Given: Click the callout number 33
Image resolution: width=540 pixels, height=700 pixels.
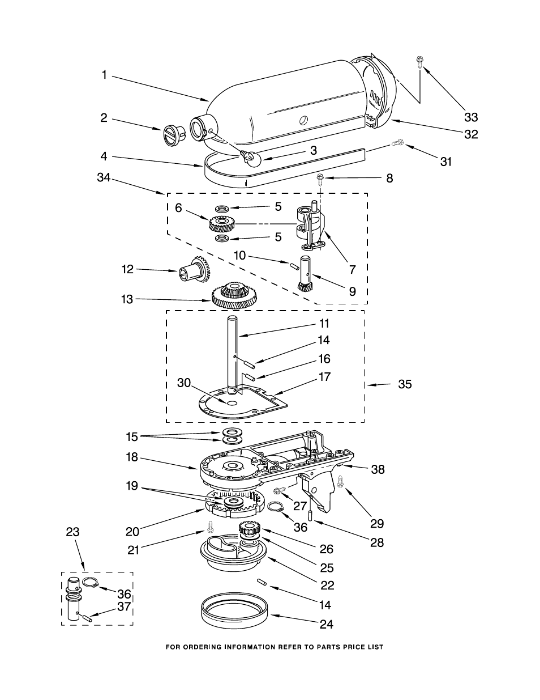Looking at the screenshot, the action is [471, 117].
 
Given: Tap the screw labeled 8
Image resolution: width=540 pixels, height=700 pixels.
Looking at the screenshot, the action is [320, 179].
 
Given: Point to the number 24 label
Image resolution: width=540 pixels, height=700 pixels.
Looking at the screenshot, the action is [327, 624].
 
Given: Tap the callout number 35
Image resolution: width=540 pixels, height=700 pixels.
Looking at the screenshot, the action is [405, 384].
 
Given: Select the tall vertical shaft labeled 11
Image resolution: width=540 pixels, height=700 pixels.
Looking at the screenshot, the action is [233, 355].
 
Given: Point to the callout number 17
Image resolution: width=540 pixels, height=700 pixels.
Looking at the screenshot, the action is [324, 376].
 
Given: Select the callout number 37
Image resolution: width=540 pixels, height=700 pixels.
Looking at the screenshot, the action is [123, 606].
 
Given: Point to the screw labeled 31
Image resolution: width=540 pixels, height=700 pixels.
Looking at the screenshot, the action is [398, 143].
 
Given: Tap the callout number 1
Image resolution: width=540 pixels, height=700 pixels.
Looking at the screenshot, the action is [104, 75].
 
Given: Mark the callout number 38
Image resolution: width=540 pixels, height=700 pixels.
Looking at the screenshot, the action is [378, 469].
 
